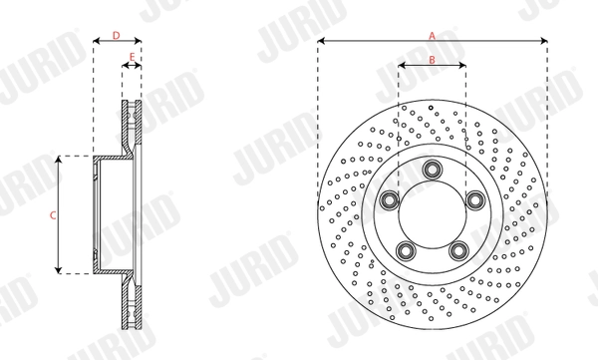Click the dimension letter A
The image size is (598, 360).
tap(432, 35)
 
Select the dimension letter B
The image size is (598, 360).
tap(432, 60)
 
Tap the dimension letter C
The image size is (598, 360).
tap(52, 214)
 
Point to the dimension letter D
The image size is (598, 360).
tap(117, 35)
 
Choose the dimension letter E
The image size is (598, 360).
tap(132, 58)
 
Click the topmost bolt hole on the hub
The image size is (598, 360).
tap(432, 170)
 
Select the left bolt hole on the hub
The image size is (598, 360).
tap(388, 202)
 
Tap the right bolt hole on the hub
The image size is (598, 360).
tap(476, 202)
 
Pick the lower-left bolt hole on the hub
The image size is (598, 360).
tap(405, 250)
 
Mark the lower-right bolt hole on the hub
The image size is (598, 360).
tap(459, 250)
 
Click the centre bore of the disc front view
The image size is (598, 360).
tap(432, 212)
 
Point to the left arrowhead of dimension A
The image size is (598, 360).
tap(321, 42)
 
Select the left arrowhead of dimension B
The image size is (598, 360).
tap(402, 67)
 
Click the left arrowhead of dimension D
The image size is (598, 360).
tap(96, 42)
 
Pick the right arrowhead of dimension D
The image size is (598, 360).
tap(139, 42)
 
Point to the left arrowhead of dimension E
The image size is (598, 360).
tap(125, 67)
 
